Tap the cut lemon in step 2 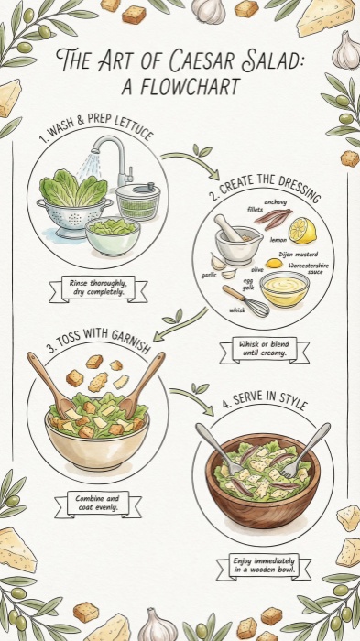point(302,231)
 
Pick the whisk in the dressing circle point(244,299)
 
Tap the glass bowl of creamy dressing point(284,289)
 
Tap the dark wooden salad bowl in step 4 point(262,491)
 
